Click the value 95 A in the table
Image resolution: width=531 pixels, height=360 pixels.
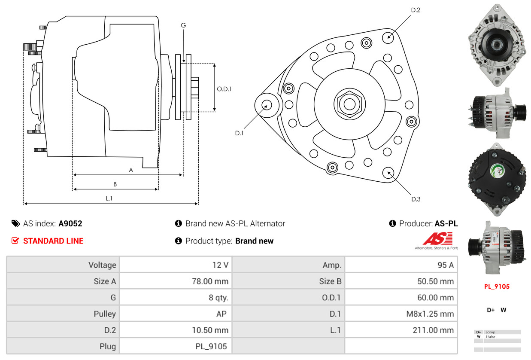(445, 265)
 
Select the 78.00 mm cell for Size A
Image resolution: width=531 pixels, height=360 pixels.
(209, 281)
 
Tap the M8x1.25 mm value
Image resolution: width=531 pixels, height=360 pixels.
(430, 314)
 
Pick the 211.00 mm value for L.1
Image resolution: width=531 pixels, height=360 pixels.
(434, 330)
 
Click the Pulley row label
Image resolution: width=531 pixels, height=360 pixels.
(105, 314)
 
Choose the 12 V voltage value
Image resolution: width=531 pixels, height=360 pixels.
(220, 265)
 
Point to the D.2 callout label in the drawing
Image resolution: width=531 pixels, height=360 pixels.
(416, 10)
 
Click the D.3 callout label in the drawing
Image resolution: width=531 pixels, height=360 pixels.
(416, 199)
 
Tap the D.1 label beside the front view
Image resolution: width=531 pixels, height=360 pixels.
(239, 133)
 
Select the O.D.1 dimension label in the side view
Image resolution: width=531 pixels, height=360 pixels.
(224, 89)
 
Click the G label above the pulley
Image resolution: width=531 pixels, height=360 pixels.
(183, 25)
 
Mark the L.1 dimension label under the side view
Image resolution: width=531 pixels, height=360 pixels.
(109, 198)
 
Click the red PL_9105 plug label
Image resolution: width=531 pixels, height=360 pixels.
(497, 287)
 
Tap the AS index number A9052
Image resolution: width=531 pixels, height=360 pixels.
(70, 223)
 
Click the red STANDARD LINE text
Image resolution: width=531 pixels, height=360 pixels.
(53, 241)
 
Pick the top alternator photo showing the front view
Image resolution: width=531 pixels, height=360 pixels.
(497, 44)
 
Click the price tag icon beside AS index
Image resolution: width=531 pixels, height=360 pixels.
(15, 223)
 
